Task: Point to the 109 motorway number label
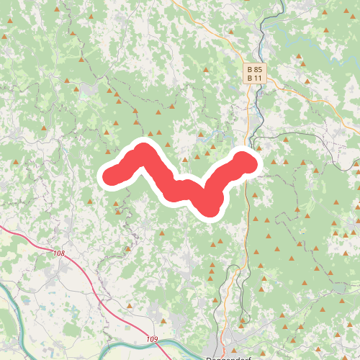pos(151,339)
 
